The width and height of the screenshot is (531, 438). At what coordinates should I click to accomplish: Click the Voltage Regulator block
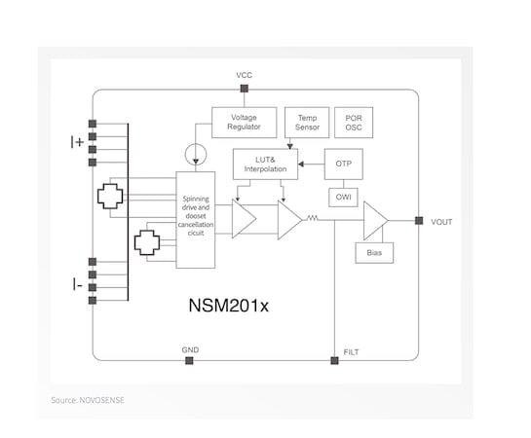tap(245, 123)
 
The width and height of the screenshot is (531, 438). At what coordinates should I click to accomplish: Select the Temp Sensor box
tap(307, 123)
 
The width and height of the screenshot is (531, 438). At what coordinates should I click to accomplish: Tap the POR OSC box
tap(354, 123)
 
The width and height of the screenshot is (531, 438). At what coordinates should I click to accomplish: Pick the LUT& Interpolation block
tap(265, 164)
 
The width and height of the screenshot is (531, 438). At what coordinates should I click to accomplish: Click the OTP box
tap(344, 164)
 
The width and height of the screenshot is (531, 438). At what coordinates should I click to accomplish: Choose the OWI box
tap(343, 198)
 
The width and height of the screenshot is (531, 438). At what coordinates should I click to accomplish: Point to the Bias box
tap(374, 253)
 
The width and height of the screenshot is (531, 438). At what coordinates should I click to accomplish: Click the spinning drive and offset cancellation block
tap(196, 220)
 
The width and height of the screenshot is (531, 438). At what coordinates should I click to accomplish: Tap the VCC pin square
tap(245, 89)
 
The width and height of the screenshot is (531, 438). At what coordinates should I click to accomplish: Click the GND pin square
tap(189, 360)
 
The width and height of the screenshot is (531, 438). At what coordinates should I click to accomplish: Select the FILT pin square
tap(334, 360)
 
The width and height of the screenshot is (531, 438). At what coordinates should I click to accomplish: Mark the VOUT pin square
tap(419, 221)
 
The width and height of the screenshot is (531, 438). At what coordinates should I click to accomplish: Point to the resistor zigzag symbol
tap(312, 218)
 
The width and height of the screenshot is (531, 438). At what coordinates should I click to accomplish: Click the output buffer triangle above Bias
tap(375, 221)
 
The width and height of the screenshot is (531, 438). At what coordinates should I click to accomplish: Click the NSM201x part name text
tap(229, 306)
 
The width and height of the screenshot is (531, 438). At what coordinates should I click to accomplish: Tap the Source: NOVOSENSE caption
tap(88, 400)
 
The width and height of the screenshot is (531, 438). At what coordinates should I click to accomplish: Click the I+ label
tap(77, 142)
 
